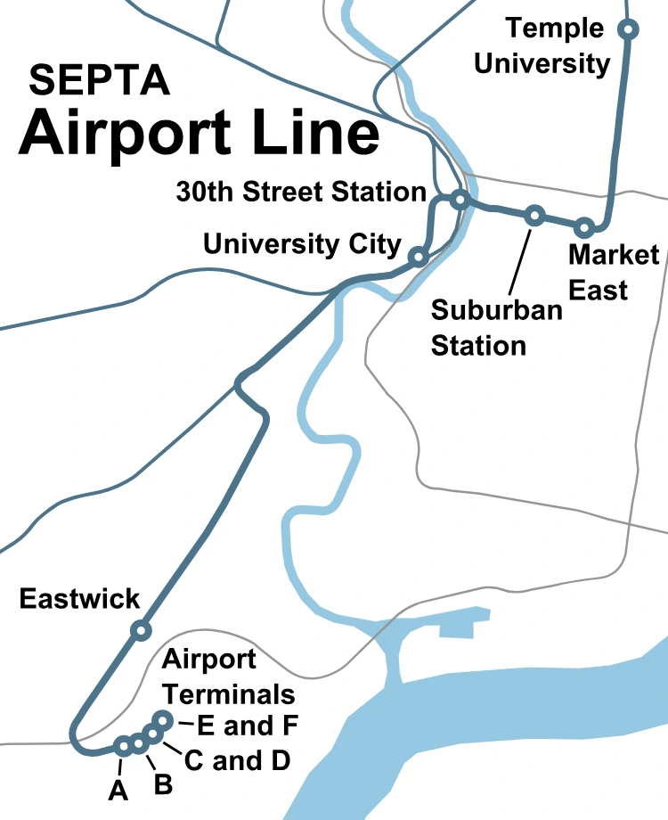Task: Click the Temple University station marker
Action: tap(628, 29)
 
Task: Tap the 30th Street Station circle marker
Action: tap(460, 199)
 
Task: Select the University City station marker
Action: tap(417, 258)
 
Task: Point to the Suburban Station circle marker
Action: tap(534, 215)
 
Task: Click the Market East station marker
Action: tap(584, 227)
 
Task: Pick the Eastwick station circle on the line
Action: tap(140, 631)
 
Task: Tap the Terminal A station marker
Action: tap(124, 746)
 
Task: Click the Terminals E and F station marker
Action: tap(163, 719)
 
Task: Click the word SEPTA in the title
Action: tap(100, 81)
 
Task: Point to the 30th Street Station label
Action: tap(301, 192)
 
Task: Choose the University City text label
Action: tap(303, 244)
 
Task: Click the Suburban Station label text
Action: tap(497, 327)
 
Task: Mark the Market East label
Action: tap(613, 272)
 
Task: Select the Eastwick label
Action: tap(80, 598)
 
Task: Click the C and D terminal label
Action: tap(237, 760)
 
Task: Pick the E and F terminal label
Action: tap(247, 726)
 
